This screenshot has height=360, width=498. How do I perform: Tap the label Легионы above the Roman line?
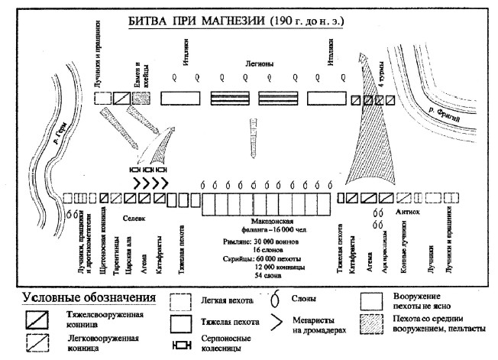pos(256,66)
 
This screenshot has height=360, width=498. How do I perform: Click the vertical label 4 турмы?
pos(381,76)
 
